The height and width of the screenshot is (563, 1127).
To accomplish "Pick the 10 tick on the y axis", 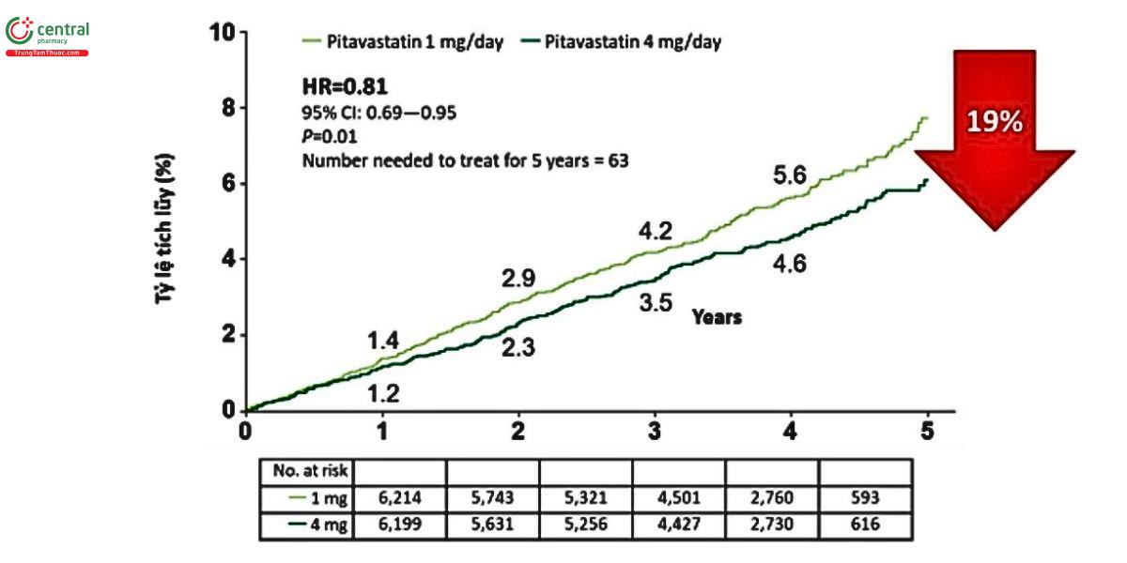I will point(222,32).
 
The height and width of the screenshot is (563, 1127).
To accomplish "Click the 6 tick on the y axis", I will point(228,184).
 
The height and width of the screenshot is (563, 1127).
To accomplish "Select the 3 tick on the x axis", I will point(655,430).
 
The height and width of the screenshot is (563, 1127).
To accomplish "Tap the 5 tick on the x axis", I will point(927,430).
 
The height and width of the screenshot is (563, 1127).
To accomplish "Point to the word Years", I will point(717,317).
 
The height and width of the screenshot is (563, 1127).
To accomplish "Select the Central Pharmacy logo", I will point(48,36).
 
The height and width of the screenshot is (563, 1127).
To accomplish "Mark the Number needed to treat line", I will point(465,160).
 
